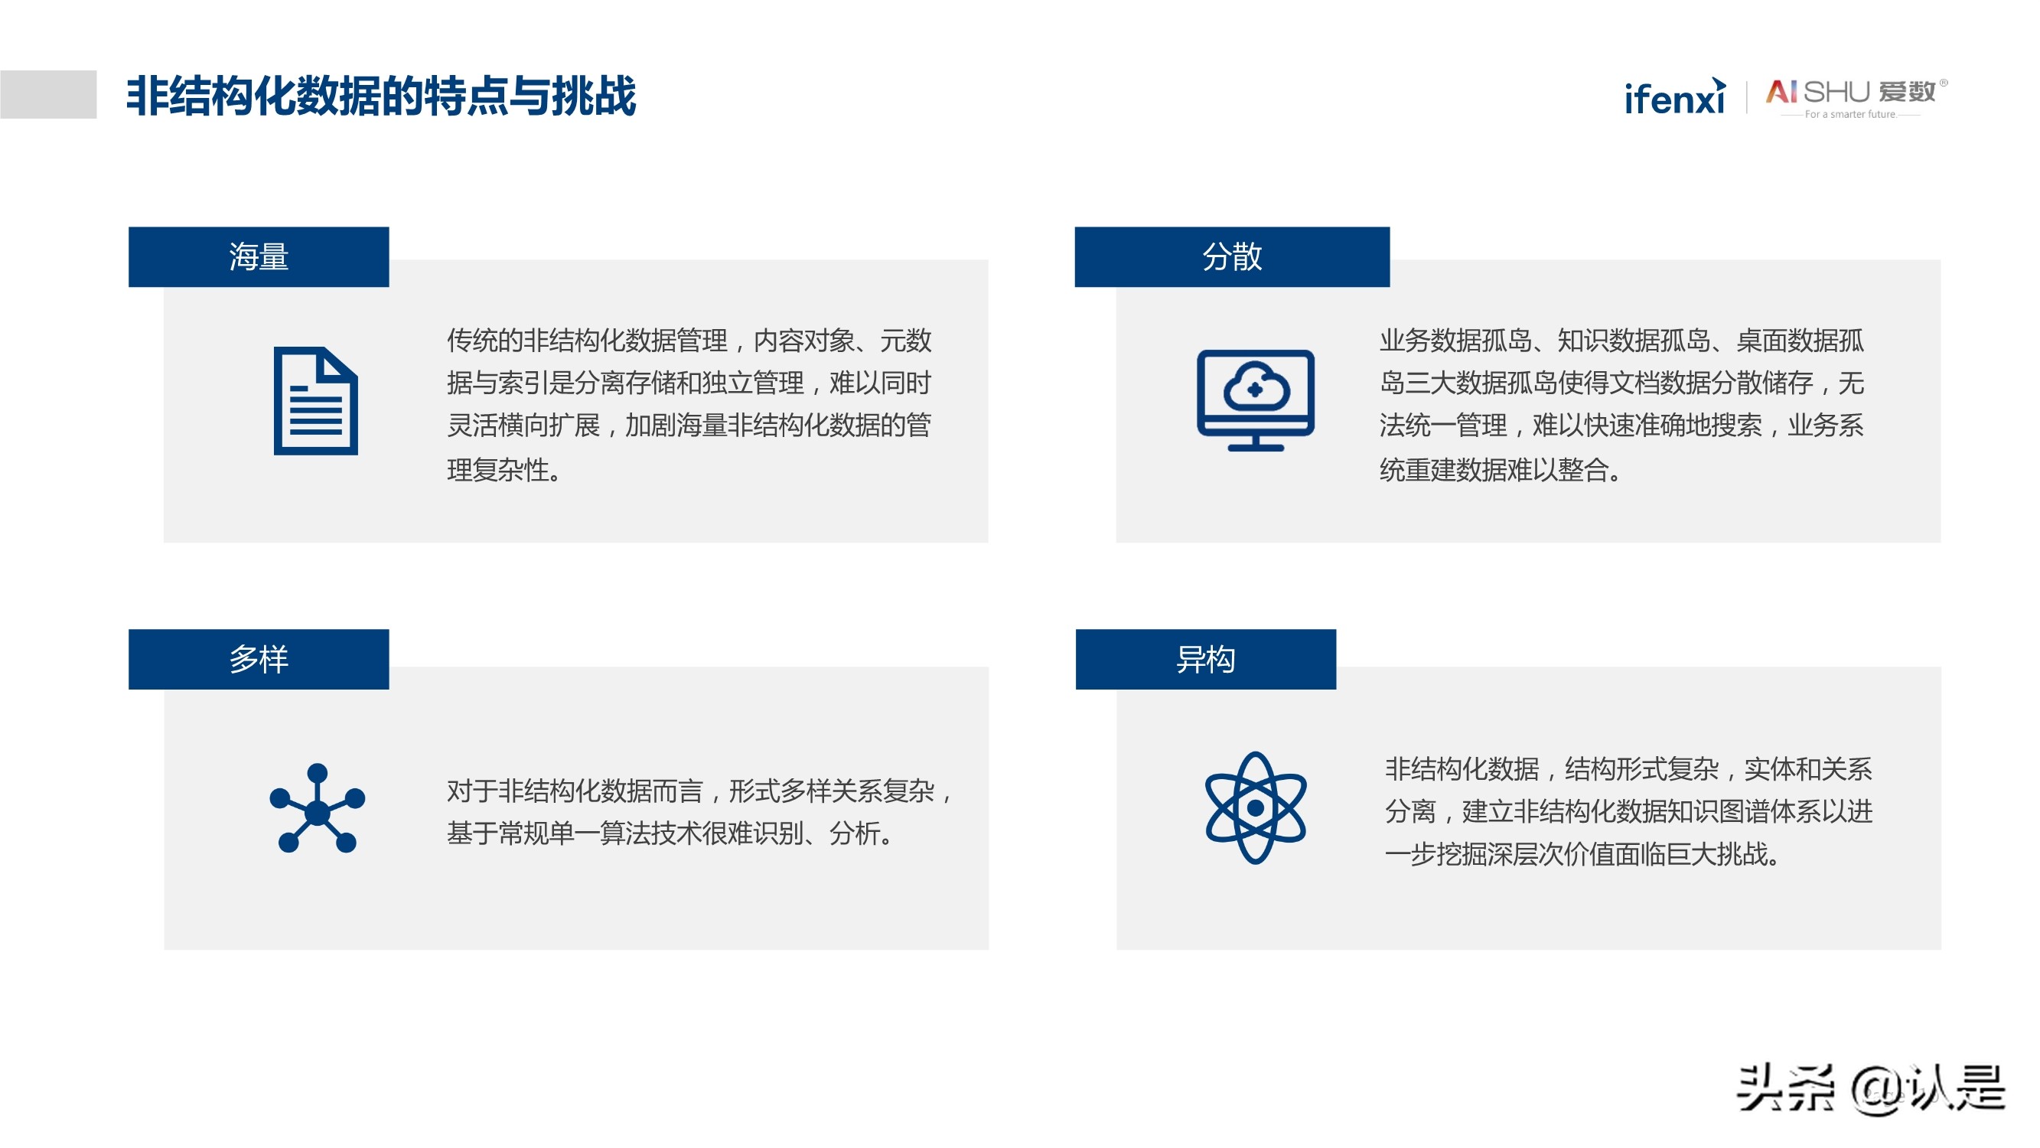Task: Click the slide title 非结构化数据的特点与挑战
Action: (x=381, y=96)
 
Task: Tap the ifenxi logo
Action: (x=1674, y=97)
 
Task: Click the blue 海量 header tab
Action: (x=259, y=256)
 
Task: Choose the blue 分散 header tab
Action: (x=1231, y=256)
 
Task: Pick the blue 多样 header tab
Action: (x=259, y=659)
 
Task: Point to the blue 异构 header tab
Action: (x=1205, y=659)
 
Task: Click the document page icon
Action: (x=316, y=401)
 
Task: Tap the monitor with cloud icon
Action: (x=1255, y=400)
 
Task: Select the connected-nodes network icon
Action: (x=317, y=808)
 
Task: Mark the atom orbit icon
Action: (x=1255, y=808)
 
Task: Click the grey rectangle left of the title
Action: (x=48, y=94)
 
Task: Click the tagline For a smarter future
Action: (x=1850, y=114)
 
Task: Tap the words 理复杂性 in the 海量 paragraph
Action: (x=498, y=470)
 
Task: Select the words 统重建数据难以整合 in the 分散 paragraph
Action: (x=1494, y=470)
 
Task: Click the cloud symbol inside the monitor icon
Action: (x=1256, y=386)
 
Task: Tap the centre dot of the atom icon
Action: (x=1255, y=808)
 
